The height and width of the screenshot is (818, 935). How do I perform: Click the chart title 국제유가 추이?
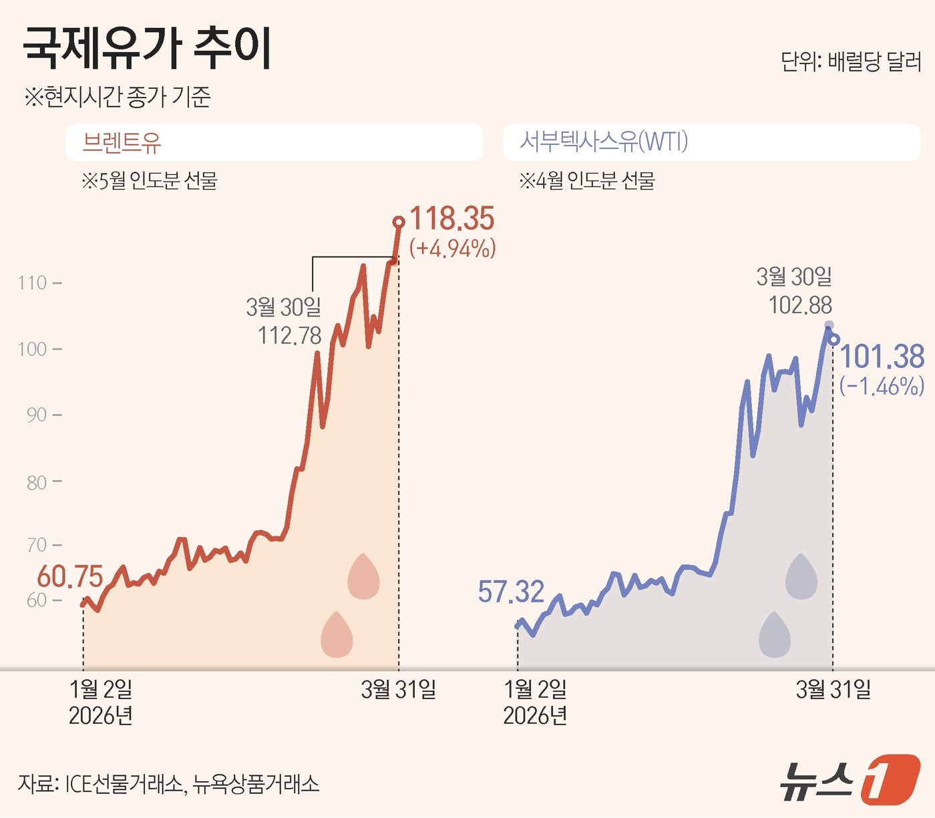click(x=148, y=47)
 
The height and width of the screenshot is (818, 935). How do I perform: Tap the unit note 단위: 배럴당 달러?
click(x=851, y=62)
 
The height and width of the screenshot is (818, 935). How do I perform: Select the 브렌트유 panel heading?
click(x=122, y=142)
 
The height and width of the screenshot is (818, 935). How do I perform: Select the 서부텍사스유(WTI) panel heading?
click(x=604, y=142)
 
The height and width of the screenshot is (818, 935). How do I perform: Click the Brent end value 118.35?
click(x=451, y=219)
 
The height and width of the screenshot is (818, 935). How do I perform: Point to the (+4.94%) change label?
click(x=452, y=248)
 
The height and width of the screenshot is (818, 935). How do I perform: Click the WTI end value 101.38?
click(x=882, y=357)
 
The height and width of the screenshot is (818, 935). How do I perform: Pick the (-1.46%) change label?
click(x=882, y=386)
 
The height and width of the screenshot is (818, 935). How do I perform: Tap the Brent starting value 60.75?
click(x=70, y=576)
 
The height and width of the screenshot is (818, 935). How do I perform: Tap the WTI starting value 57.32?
click(x=511, y=592)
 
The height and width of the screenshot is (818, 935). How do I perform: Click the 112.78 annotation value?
click(x=290, y=335)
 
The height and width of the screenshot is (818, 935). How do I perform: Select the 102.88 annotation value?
click(x=800, y=305)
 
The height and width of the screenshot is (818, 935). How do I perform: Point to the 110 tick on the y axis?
click(x=33, y=283)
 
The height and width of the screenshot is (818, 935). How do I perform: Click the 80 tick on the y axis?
click(x=37, y=482)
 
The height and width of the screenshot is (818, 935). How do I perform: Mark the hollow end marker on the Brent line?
click(x=399, y=222)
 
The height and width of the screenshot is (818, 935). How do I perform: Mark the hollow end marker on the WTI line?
click(x=833, y=339)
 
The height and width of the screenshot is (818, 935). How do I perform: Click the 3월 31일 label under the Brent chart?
click(x=399, y=689)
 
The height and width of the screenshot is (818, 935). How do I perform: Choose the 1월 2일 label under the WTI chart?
click(x=535, y=689)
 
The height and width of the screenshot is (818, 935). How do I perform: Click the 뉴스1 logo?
click(x=850, y=779)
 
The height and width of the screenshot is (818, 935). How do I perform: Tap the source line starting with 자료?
click(x=168, y=783)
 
